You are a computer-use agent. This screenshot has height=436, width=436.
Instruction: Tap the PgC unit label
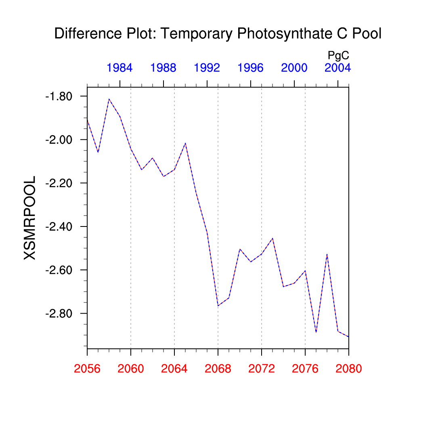(338, 55)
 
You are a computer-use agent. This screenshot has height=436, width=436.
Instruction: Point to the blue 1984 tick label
(119, 68)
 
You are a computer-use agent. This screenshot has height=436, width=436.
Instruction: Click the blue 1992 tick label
(207, 68)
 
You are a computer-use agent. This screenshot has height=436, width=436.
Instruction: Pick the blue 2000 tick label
(294, 68)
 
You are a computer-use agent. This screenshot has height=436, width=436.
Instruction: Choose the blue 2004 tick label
(337, 68)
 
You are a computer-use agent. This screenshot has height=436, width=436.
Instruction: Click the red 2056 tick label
(87, 369)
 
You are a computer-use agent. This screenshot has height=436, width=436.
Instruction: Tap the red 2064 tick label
(174, 369)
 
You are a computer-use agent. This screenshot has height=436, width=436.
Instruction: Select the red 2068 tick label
(218, 369)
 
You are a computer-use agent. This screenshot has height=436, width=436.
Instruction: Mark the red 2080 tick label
(349, 369)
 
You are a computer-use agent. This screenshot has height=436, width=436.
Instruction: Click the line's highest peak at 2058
(109, 99)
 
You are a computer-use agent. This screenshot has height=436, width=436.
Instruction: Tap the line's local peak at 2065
(185, 143)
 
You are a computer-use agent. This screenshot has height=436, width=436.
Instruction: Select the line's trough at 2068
(218, 306)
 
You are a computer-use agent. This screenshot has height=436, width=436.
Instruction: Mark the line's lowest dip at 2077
(316, 332)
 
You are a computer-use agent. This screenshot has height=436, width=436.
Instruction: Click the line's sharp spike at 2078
(327, 254)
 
